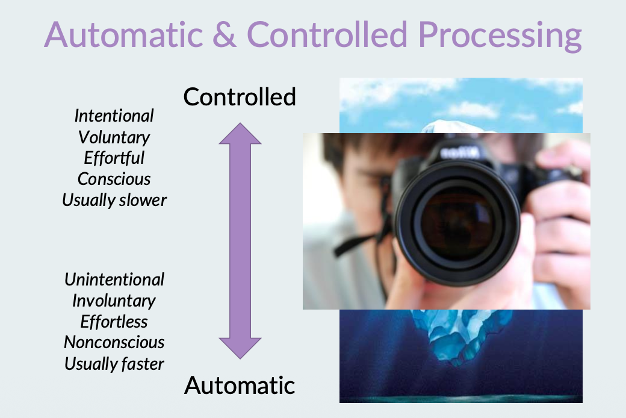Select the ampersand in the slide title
232,35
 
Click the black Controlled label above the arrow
240,97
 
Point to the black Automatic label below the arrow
240,385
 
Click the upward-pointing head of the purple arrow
240,134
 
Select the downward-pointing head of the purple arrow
240,348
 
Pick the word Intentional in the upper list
114,116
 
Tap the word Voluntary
114,137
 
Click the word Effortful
114,158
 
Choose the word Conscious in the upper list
114,179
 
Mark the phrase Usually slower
114,200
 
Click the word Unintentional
114,279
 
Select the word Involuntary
114,301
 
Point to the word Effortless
114,322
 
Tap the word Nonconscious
114,343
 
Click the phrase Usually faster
114,364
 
